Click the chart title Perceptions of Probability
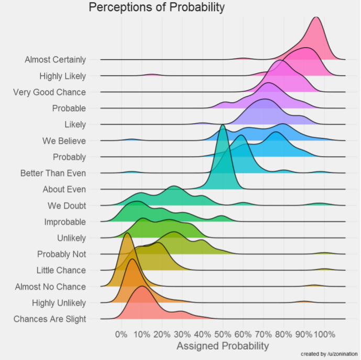pos(156,8)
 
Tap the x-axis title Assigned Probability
pos(223,346)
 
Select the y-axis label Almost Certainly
pos(55,60)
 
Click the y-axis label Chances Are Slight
pos(50,319)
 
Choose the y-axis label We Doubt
pos(67,205)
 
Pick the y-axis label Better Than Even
pos(53,173)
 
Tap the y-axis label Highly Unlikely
pos(59,303)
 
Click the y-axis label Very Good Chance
pos(49,92)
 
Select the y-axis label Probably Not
pos(61,254)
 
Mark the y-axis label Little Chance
pos(61,270)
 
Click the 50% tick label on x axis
pos(223,334)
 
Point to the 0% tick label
pos(121,334)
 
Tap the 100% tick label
pos(324,334)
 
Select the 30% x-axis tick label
pos(182,334)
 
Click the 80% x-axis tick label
pos(283,334)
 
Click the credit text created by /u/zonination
pos(329,354)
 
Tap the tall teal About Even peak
pos(223,126)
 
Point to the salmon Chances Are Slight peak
pos(141,287)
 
